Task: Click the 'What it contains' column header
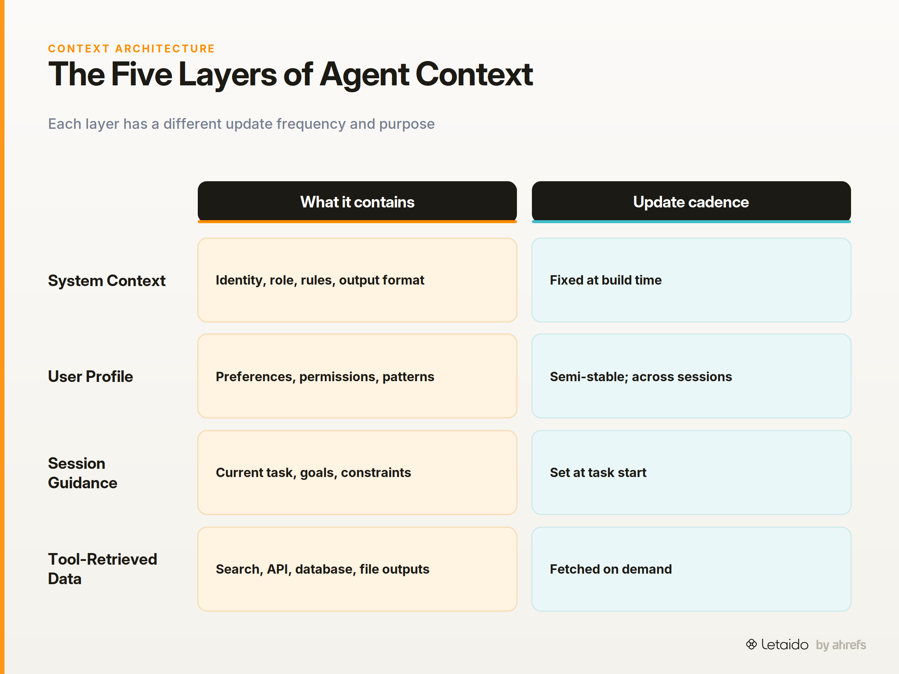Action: point(357,202)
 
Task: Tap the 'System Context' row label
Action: point(106,281)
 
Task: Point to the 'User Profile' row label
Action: point(90,377)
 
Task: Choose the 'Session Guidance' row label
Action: point(82,473)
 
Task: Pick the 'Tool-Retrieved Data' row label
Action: point(102,569)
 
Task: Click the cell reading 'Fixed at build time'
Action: point(606,280)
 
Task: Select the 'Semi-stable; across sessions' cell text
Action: point(641,377)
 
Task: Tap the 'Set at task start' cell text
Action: point(598,473)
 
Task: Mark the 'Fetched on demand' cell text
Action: point(611,569)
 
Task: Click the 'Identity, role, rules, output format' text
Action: point(320,280)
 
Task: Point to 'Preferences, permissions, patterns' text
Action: point(325,377)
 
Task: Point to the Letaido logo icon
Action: point(751,644)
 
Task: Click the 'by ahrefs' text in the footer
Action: point(841,645)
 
